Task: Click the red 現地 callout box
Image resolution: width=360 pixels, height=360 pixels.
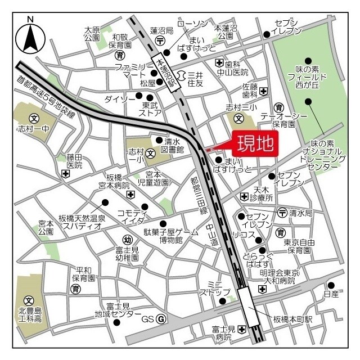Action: (x=254, y=145)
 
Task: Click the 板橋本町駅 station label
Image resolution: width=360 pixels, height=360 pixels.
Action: (x=292, y=319)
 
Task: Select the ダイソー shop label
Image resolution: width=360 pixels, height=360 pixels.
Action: (x=120, y=99)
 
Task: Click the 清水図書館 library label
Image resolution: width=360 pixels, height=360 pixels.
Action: (x=172, y=145)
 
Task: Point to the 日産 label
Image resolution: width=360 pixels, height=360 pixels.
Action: (x=331, y=294)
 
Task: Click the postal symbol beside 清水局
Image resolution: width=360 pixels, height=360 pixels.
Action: (x=282, y=211)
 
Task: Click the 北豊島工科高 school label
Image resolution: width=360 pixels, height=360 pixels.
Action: (x=30, y=315)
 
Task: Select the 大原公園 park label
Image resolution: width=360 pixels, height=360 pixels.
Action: (x=92, y=33)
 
